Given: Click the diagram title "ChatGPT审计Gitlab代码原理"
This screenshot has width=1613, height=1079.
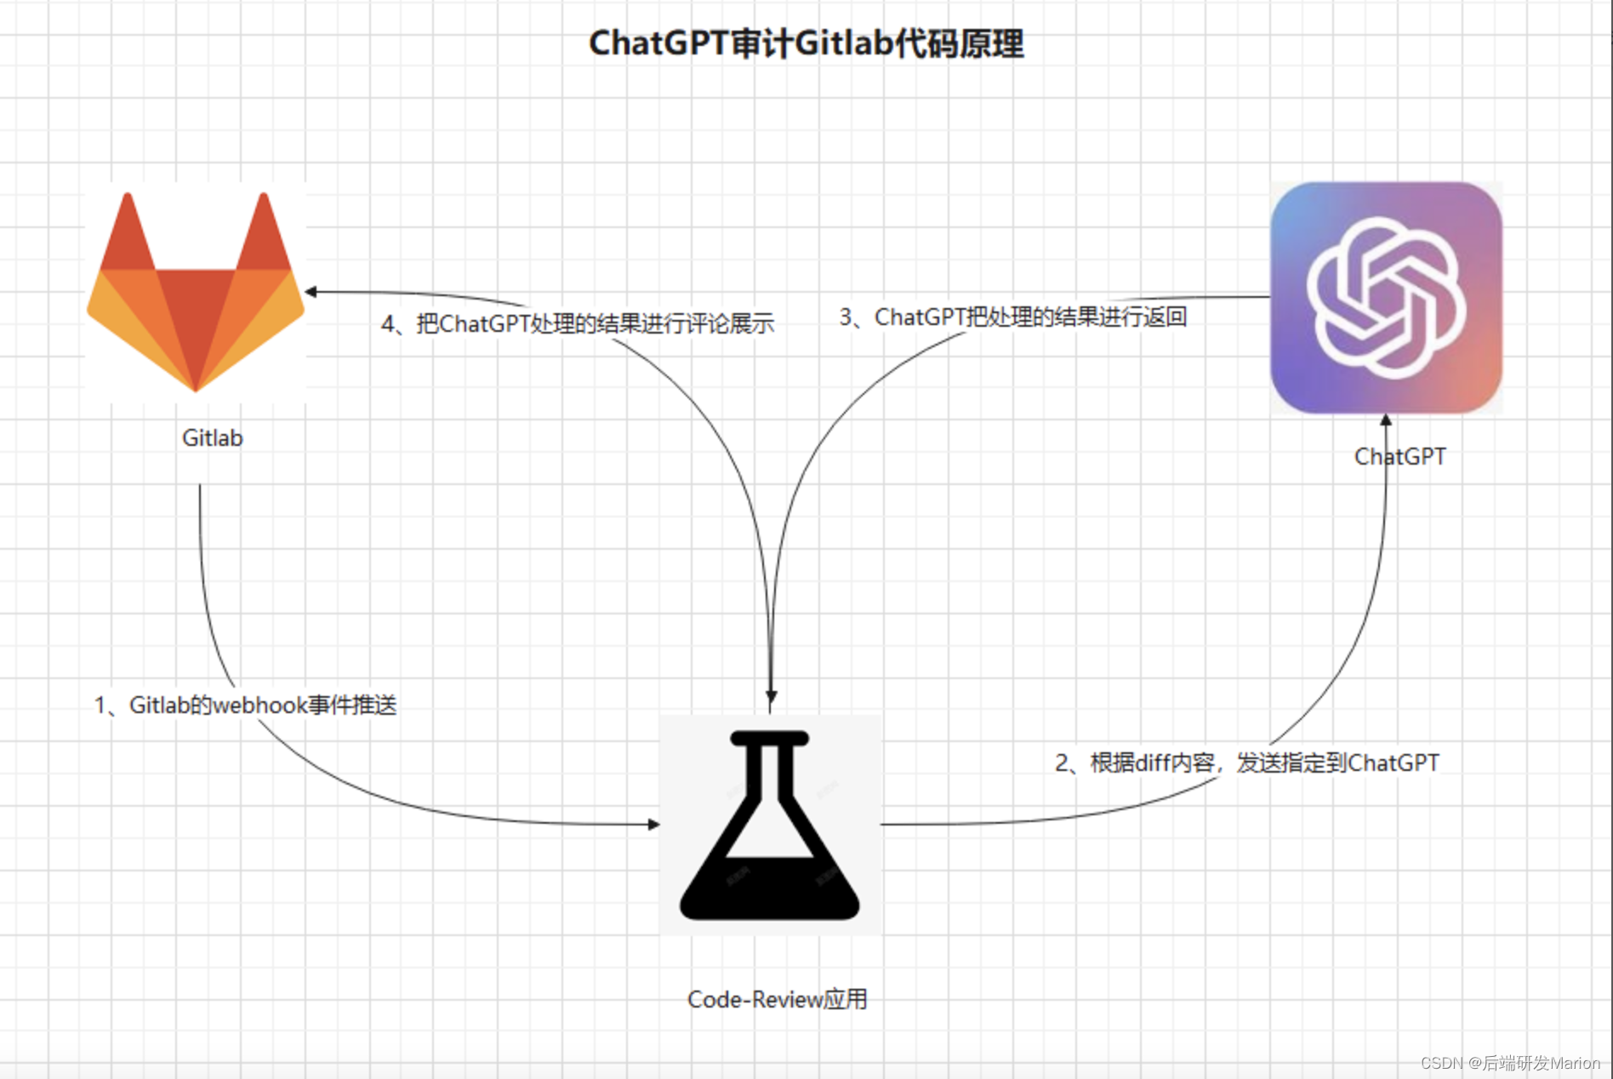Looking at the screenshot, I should coord(806,43).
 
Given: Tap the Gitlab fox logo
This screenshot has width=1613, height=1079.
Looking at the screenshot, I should coord(196,294).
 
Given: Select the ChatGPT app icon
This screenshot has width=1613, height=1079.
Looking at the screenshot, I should coord(1386,298).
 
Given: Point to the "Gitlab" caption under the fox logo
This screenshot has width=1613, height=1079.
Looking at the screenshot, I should coord(212,438).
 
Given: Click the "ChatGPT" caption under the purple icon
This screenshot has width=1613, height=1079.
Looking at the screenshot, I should coord(1399,457).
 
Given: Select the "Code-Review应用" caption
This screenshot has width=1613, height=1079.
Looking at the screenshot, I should coord(777,999).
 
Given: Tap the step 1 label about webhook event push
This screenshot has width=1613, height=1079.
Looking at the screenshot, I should coord(245,705).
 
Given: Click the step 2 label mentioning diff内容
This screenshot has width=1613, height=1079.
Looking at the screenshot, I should coord(1246,762).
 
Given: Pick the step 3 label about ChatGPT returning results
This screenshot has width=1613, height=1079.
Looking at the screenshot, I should coord(1012,317).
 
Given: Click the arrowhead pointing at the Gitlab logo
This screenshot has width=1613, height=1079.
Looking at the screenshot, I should coord(311,292).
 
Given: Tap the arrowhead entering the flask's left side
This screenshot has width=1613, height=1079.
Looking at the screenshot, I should coord(653,824).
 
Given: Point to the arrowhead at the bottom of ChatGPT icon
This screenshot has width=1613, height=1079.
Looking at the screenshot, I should coord(1386,420).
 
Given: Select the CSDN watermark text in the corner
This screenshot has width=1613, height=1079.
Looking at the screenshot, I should coord(1509,1063).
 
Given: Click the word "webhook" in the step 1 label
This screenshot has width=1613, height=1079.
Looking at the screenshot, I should coord(259,705).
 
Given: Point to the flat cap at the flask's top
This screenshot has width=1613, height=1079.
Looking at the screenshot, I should coord(770,739).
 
